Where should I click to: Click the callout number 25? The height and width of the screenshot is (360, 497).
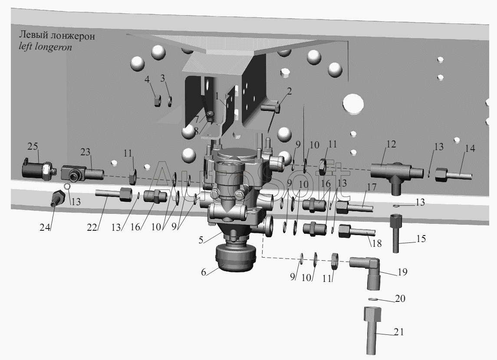pos(33,146)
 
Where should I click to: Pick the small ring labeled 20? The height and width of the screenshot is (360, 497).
pos(373,299)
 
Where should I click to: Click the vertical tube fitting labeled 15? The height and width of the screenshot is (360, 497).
pos(395,233)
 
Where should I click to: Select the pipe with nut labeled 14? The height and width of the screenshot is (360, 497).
pos(453,175)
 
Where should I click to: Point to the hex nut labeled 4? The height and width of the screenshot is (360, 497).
pos(157,101)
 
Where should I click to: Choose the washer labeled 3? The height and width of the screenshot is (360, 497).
pos(170,101)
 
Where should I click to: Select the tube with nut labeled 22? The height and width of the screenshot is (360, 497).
pos(113,193)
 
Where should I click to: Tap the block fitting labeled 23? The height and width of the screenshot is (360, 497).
pos(82,173)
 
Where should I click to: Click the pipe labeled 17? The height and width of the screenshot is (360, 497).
pos(354,206)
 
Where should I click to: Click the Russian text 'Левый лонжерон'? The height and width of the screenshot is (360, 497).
pos(57,36)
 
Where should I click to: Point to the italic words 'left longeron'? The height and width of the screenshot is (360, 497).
pos(45,47)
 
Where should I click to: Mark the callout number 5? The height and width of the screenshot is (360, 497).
pos(201,240)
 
